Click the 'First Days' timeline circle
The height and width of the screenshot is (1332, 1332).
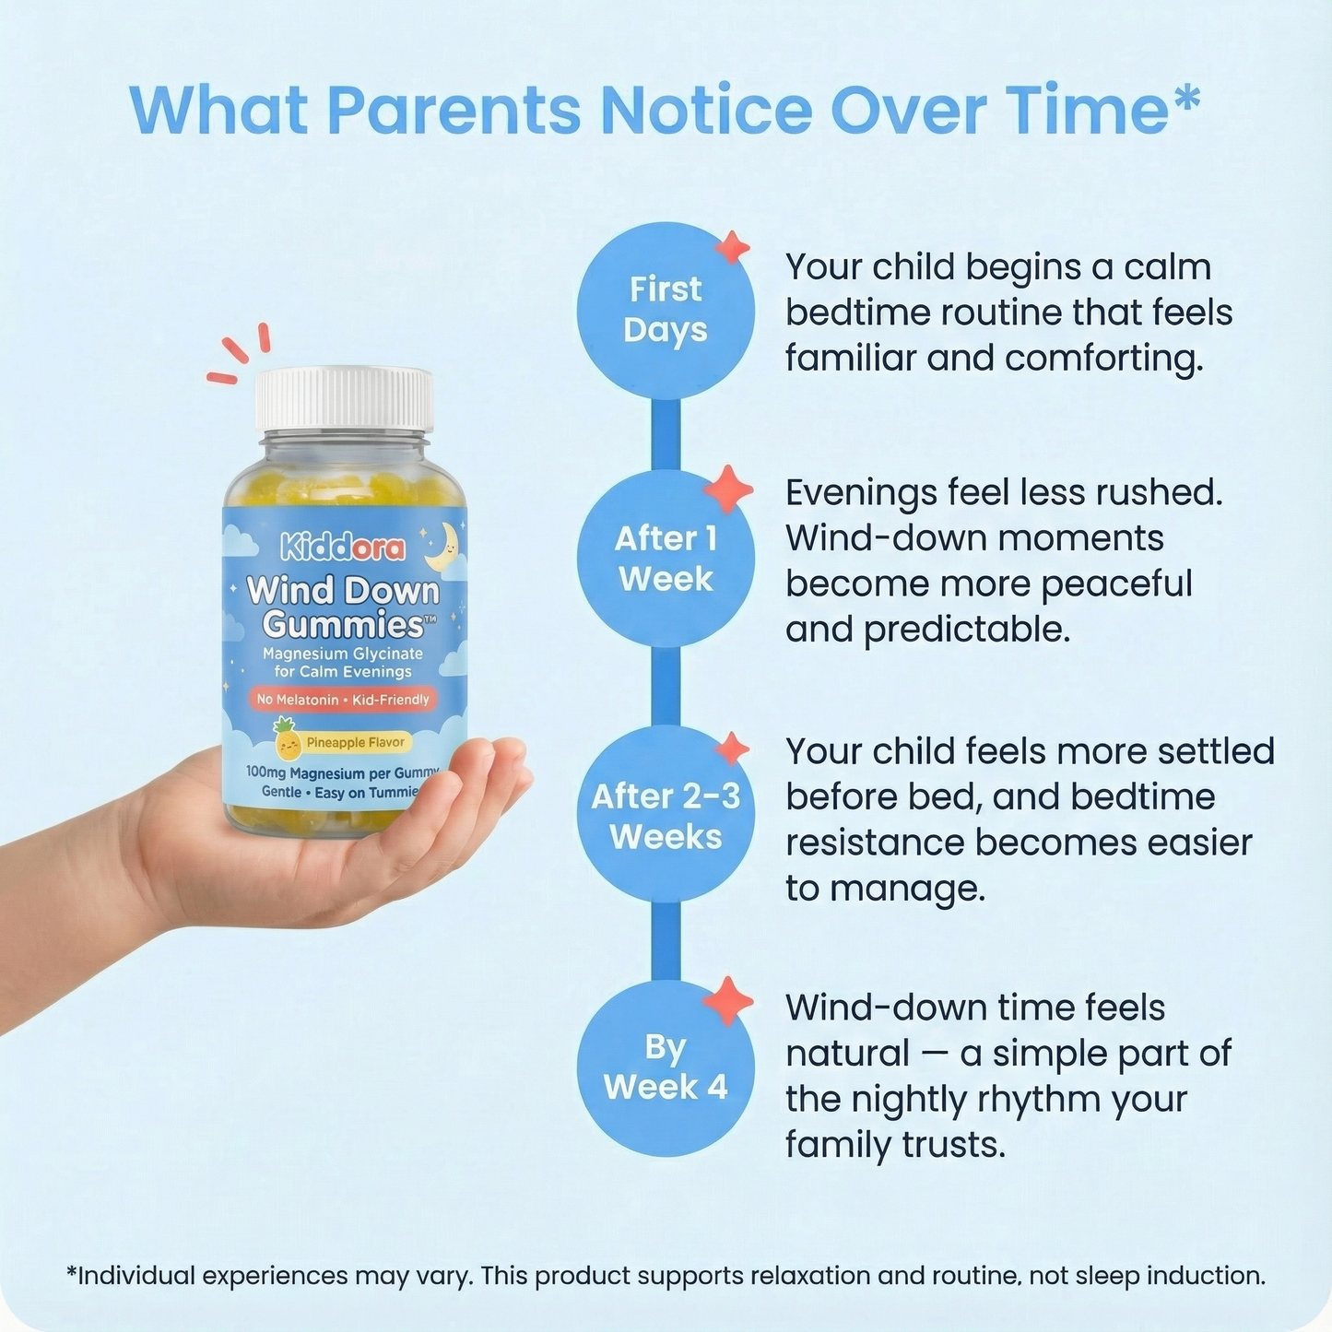click(x=666, y=311)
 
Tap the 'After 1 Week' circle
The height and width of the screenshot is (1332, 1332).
click(x=666, y=559)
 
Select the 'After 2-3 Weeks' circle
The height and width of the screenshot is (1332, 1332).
click(x=666, y=815)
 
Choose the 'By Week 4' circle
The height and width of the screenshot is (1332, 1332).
click(x=666, y=1067)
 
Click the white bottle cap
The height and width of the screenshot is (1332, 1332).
click(x=344, y=399)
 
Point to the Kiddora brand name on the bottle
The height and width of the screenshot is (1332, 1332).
click(x=343, y=548)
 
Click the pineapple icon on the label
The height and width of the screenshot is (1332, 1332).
click(x=288, y=740)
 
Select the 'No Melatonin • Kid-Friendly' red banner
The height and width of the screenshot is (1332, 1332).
click(x=343, y=700)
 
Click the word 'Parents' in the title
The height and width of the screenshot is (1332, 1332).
click(x=454, y=111)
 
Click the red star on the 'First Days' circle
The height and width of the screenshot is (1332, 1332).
click(x=733, y=247)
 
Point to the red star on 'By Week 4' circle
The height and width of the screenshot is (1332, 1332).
click(x=728, y=1001)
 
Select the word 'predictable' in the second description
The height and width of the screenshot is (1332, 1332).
click(x=966, y=630)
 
